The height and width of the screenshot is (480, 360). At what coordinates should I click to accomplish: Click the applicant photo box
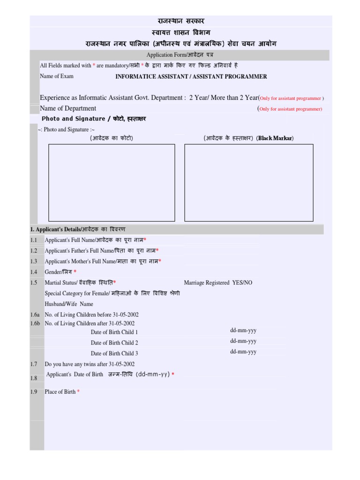pyautogui.click(x=112, y=182)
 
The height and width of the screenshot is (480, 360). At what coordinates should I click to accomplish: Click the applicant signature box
pyautogui.click(x=248, y=182)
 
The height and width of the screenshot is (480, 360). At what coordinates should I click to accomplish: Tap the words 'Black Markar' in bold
pyautogui.click(x=276, y=138)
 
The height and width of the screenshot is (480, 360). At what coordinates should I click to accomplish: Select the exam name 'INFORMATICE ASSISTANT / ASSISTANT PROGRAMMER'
pyautogui.click(x=191, y=76)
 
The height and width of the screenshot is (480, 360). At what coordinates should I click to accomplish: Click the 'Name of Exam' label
pyautogui.click(x=57, y=76)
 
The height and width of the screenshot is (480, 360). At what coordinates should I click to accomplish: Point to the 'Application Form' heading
pyautogui.click(x=180, y=55)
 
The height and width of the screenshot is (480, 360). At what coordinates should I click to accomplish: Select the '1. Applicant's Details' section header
pyautogui.click(x=78, y=229)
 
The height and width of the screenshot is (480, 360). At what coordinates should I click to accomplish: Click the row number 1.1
pyautogui.click(x=33, y=240)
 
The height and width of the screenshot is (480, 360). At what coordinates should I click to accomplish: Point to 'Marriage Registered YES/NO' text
pyautogui.click(x=218, y=283)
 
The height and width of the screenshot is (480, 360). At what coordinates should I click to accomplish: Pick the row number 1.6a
pyautogui.click(x=35, y=315)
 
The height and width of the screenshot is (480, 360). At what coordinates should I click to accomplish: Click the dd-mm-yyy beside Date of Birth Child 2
pyautogui.click(x=243, y=341)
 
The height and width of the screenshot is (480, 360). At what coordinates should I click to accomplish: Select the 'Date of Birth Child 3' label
pyautogui.click(x=114, y=353)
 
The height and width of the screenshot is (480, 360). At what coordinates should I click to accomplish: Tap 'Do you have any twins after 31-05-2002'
pyautogui.click(x=90, y=364)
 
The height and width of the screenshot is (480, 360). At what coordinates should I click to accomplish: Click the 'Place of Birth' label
pyautogui.click(x=60, y=391)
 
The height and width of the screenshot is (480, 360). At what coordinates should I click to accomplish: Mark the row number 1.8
pyautogui.click(x=33, y=378)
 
